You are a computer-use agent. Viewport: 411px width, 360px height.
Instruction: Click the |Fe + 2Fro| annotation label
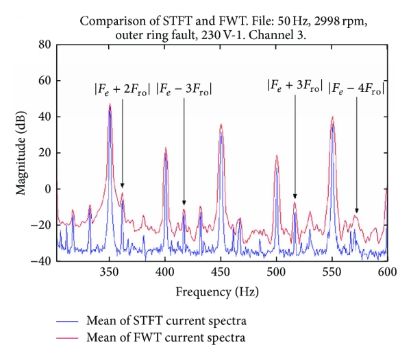[123, 88]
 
